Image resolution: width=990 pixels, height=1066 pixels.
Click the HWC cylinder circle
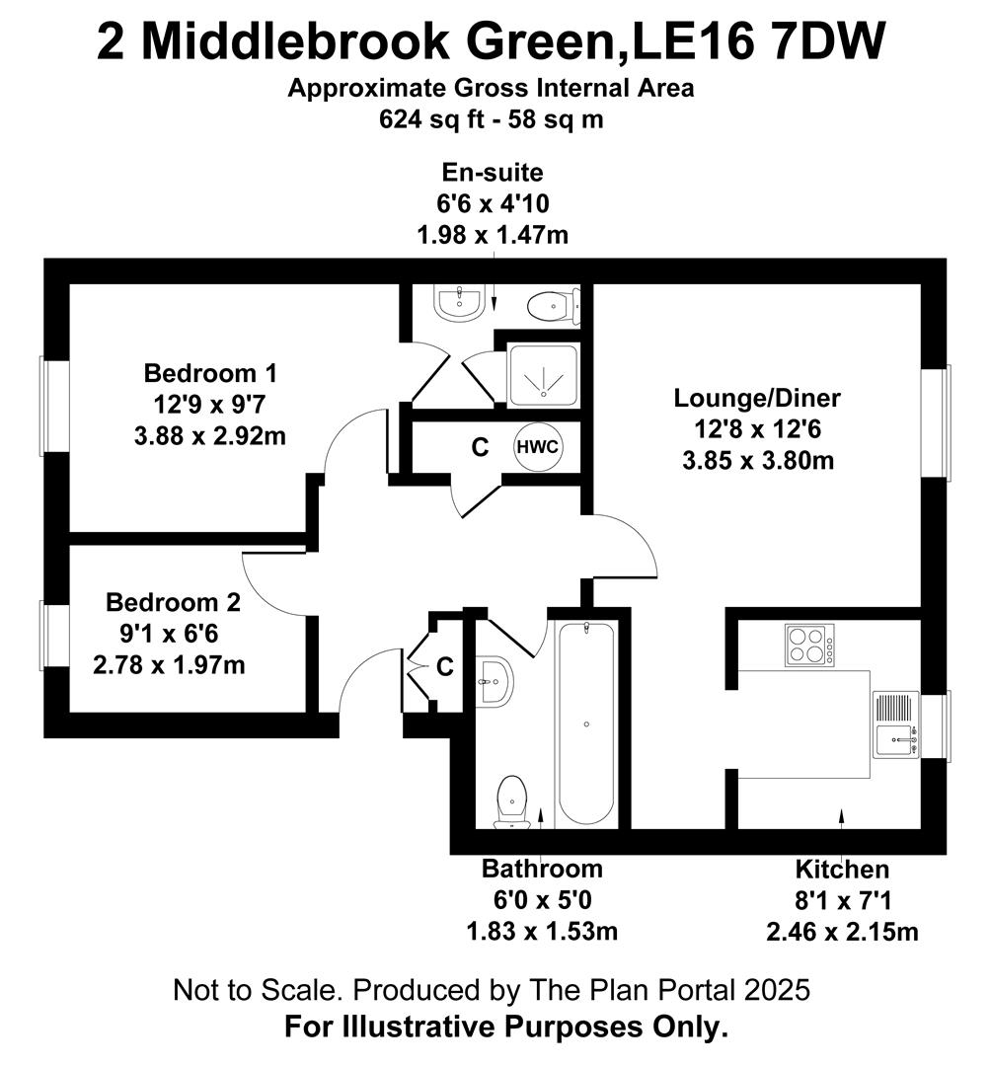pos(538,447)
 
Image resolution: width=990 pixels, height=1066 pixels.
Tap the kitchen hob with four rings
pos(809,645)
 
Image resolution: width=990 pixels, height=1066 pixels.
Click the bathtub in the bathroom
pos(586,723)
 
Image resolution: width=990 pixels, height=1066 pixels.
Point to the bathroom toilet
pos(512,802)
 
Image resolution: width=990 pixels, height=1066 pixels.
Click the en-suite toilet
pos(555,306)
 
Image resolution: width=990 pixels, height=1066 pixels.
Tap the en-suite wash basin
pos(460,302)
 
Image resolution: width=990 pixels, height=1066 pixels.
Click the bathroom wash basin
pos(495,680)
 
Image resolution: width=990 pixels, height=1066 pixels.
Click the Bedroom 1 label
pos(211,373)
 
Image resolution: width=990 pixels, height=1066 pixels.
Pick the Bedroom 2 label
pos(174,602)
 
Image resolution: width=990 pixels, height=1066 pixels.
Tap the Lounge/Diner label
pos(757,398)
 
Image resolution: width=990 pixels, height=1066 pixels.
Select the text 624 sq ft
pos(431,119)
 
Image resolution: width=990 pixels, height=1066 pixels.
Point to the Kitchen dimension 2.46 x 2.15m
pos(843,932)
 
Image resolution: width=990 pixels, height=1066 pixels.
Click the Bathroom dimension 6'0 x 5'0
pos(543,900)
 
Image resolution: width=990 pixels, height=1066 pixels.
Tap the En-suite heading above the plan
pos(493,173)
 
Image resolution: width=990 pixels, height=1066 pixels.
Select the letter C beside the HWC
pos(480,447)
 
